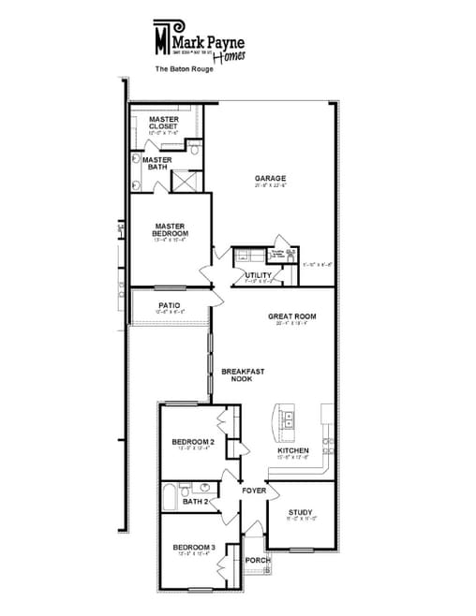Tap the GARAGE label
(271, 178)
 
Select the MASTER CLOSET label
(163, 123)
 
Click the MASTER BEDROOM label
(170, 229)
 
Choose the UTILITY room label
(258, 274)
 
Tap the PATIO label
(169, 305)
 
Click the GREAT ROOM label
(291, 316)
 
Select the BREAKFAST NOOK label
(243, 374)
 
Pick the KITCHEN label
(293, 450)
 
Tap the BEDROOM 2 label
(194, 440)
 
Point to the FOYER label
(254, 491)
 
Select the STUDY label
(300, 511)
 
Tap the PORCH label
(258, 560)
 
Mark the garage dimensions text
(271, 185)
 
